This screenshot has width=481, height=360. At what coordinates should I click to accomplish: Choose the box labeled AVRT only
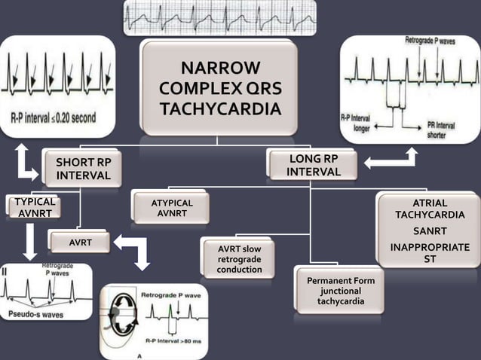(80, 243)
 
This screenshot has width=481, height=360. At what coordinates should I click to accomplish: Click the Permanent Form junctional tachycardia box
(341, 291)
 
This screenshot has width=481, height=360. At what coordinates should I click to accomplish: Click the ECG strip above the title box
(220, 18)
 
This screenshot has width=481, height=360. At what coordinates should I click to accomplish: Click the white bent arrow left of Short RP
(25, 161)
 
